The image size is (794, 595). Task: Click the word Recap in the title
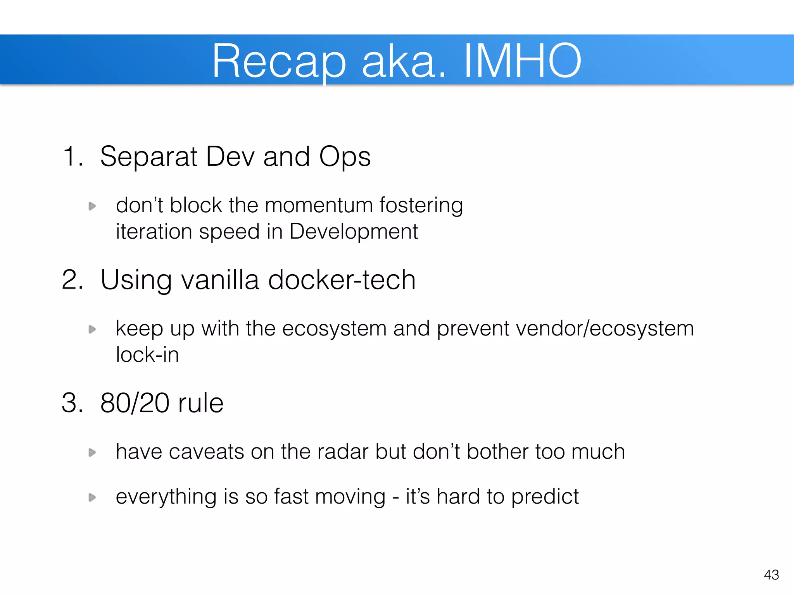278,61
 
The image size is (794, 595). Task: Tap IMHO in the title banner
522,61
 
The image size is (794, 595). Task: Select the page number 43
771,574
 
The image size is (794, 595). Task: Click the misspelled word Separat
148,156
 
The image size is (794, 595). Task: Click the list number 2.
72,279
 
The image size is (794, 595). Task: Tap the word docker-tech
342,279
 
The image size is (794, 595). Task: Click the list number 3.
72,403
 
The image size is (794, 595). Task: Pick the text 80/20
135,403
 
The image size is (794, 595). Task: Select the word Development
353,232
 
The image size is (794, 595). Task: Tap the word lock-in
147,354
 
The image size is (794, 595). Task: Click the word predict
545,497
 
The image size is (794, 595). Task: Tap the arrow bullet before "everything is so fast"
92,497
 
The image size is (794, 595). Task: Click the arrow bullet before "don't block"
92,206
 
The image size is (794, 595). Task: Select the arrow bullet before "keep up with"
92,329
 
